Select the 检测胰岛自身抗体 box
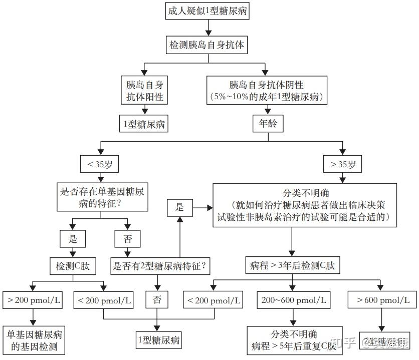(x=206, y=45)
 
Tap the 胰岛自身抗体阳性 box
(x=144, y=91)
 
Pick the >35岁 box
(x=343, y=164)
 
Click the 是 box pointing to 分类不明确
(x=179, y=207)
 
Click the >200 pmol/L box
(x=34, y=301)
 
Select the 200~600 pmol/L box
(x=293, y=301)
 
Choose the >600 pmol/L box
(x=382, y=301)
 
